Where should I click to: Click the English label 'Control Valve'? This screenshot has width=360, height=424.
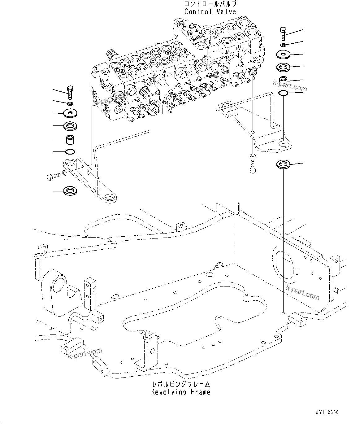pyautogui.click(x=210, y=12)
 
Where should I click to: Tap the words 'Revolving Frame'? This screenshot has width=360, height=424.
pyautogui.click(x=181, y=392)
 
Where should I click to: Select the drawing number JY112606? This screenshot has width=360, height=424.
pyautogui.click(x=327, y=413)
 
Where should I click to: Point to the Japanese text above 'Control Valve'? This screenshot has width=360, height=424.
pyautogui.click(x=210, y=4)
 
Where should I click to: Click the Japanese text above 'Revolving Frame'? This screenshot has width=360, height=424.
pyautogui.click(x=181, y=384)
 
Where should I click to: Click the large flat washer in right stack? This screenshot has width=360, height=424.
pyautogui.click(x=284, y=55)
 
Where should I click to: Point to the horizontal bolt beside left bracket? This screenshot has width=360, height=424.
pyautogui.click(x=53, y=176)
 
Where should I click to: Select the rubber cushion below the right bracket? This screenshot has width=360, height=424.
pyautogui.click(x=283, y=164)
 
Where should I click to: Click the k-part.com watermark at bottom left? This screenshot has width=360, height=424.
pyautogui.click(x=85, y=356)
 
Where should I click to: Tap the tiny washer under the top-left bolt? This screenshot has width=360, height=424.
pyautogui.click(x=70, y=103)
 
